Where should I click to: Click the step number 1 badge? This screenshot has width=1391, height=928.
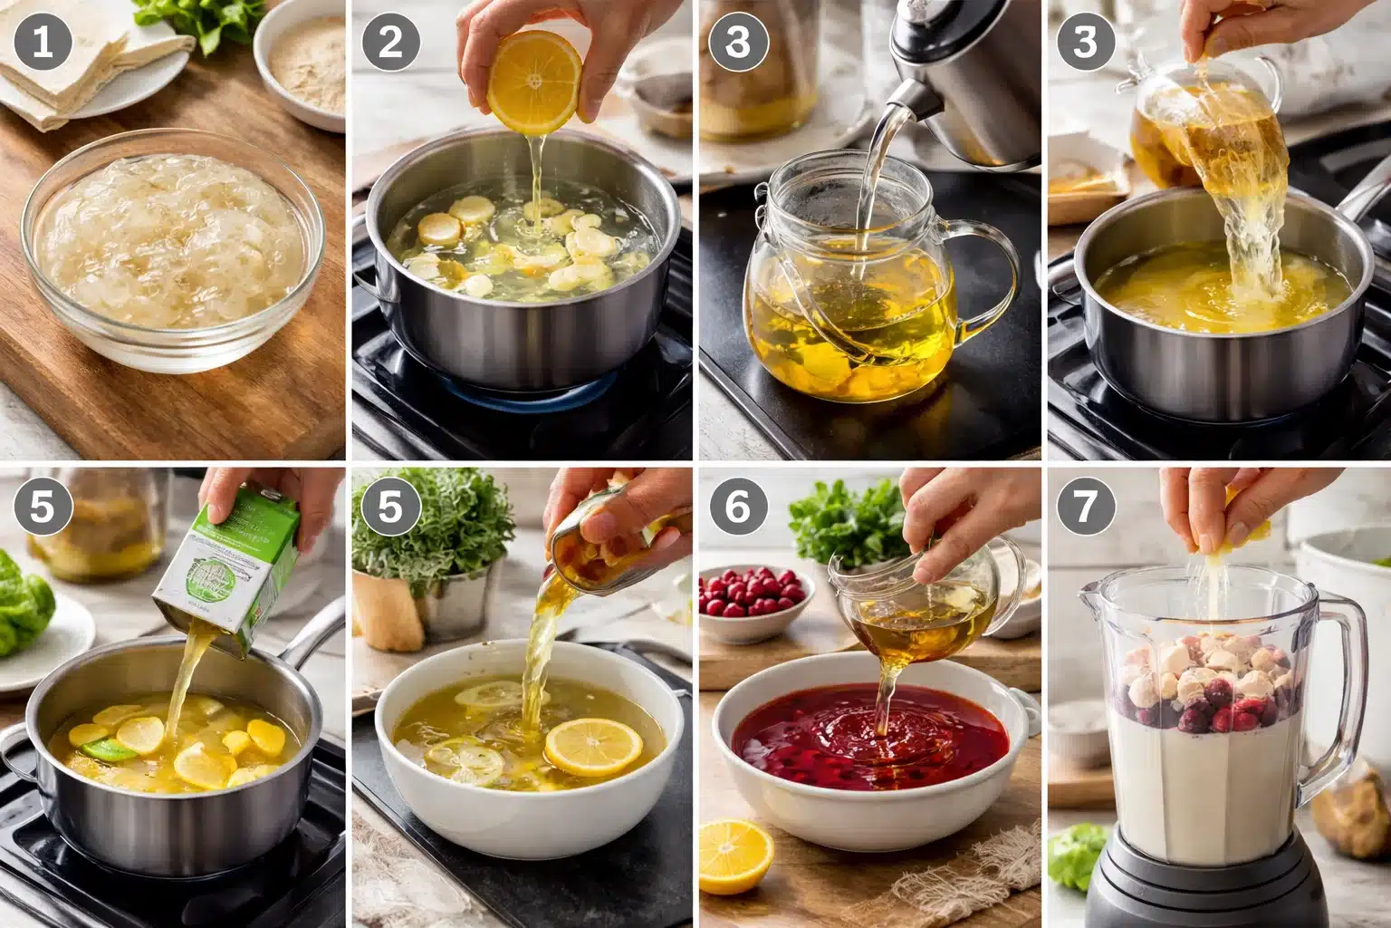pyautogui.click(x=43, y=43)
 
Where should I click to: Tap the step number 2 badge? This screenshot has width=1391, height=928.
pyautogui.click(x=390, y=43)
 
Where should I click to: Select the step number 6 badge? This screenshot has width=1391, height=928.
pyautogui.click(x=738, y=507)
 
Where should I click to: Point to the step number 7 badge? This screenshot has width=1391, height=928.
pyautogui.click(x=1086, y=507)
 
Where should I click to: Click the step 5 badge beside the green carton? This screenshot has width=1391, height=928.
pyautogui.click(x=43, y=507)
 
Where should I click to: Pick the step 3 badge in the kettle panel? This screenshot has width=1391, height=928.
pyautogui.click(x=738, y=43)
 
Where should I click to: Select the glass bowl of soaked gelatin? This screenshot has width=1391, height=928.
pyautogui.click(x=172, y=249)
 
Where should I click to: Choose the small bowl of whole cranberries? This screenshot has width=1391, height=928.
pyautogui.click(x=752, y=594)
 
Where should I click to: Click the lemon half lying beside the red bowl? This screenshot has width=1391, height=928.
pyautogui.click(x=735, y=855)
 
